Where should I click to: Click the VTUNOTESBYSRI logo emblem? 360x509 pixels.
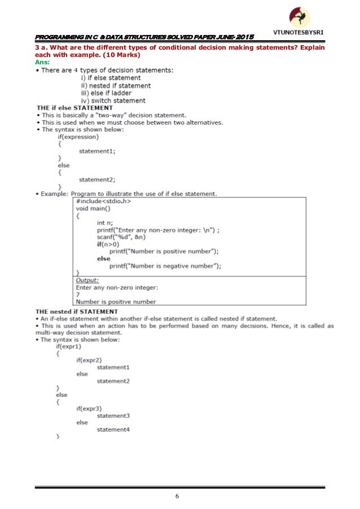pos(299,16)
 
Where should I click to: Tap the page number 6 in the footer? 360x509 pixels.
pos(177,497)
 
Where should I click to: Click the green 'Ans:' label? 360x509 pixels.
pos(43,63)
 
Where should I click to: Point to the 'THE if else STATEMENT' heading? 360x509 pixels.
pos(74,107)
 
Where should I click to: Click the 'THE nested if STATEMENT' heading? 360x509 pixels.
pos(77,311)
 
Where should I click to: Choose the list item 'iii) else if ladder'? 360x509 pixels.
pos(108,93)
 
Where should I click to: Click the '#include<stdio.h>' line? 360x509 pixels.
pos(104,201)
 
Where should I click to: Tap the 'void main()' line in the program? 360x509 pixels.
pos(94,208)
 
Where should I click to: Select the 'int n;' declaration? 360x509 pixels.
pos(106,223)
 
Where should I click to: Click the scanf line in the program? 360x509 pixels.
pos(122,237)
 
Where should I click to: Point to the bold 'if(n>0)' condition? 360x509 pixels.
pos(108,244)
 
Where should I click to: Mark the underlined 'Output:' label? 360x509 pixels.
pos(87,280)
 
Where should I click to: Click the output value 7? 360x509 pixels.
pos(78,295)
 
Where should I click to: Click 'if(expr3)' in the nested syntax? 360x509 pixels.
pos(91,409)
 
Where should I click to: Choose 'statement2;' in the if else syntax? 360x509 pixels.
pos(97,179)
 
